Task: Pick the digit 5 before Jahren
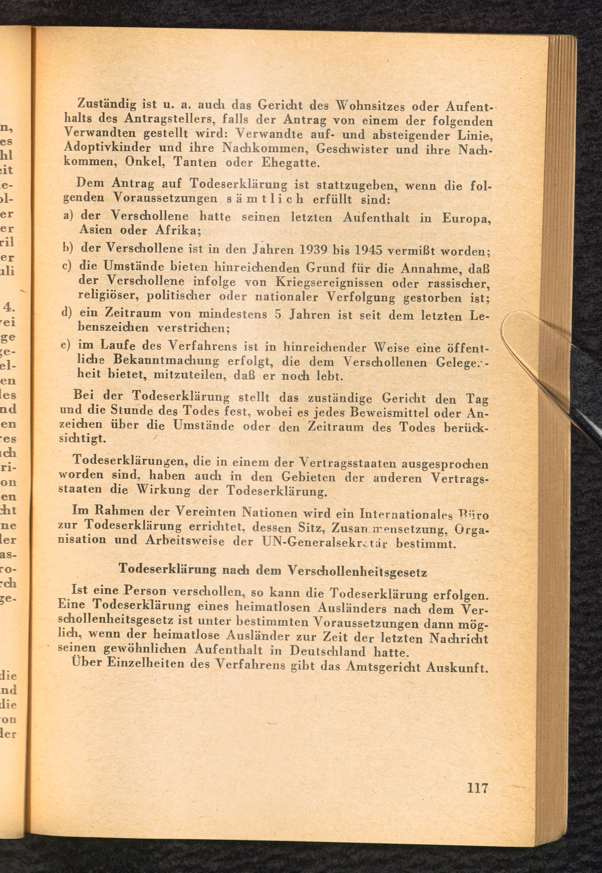[x=278, y=314]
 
